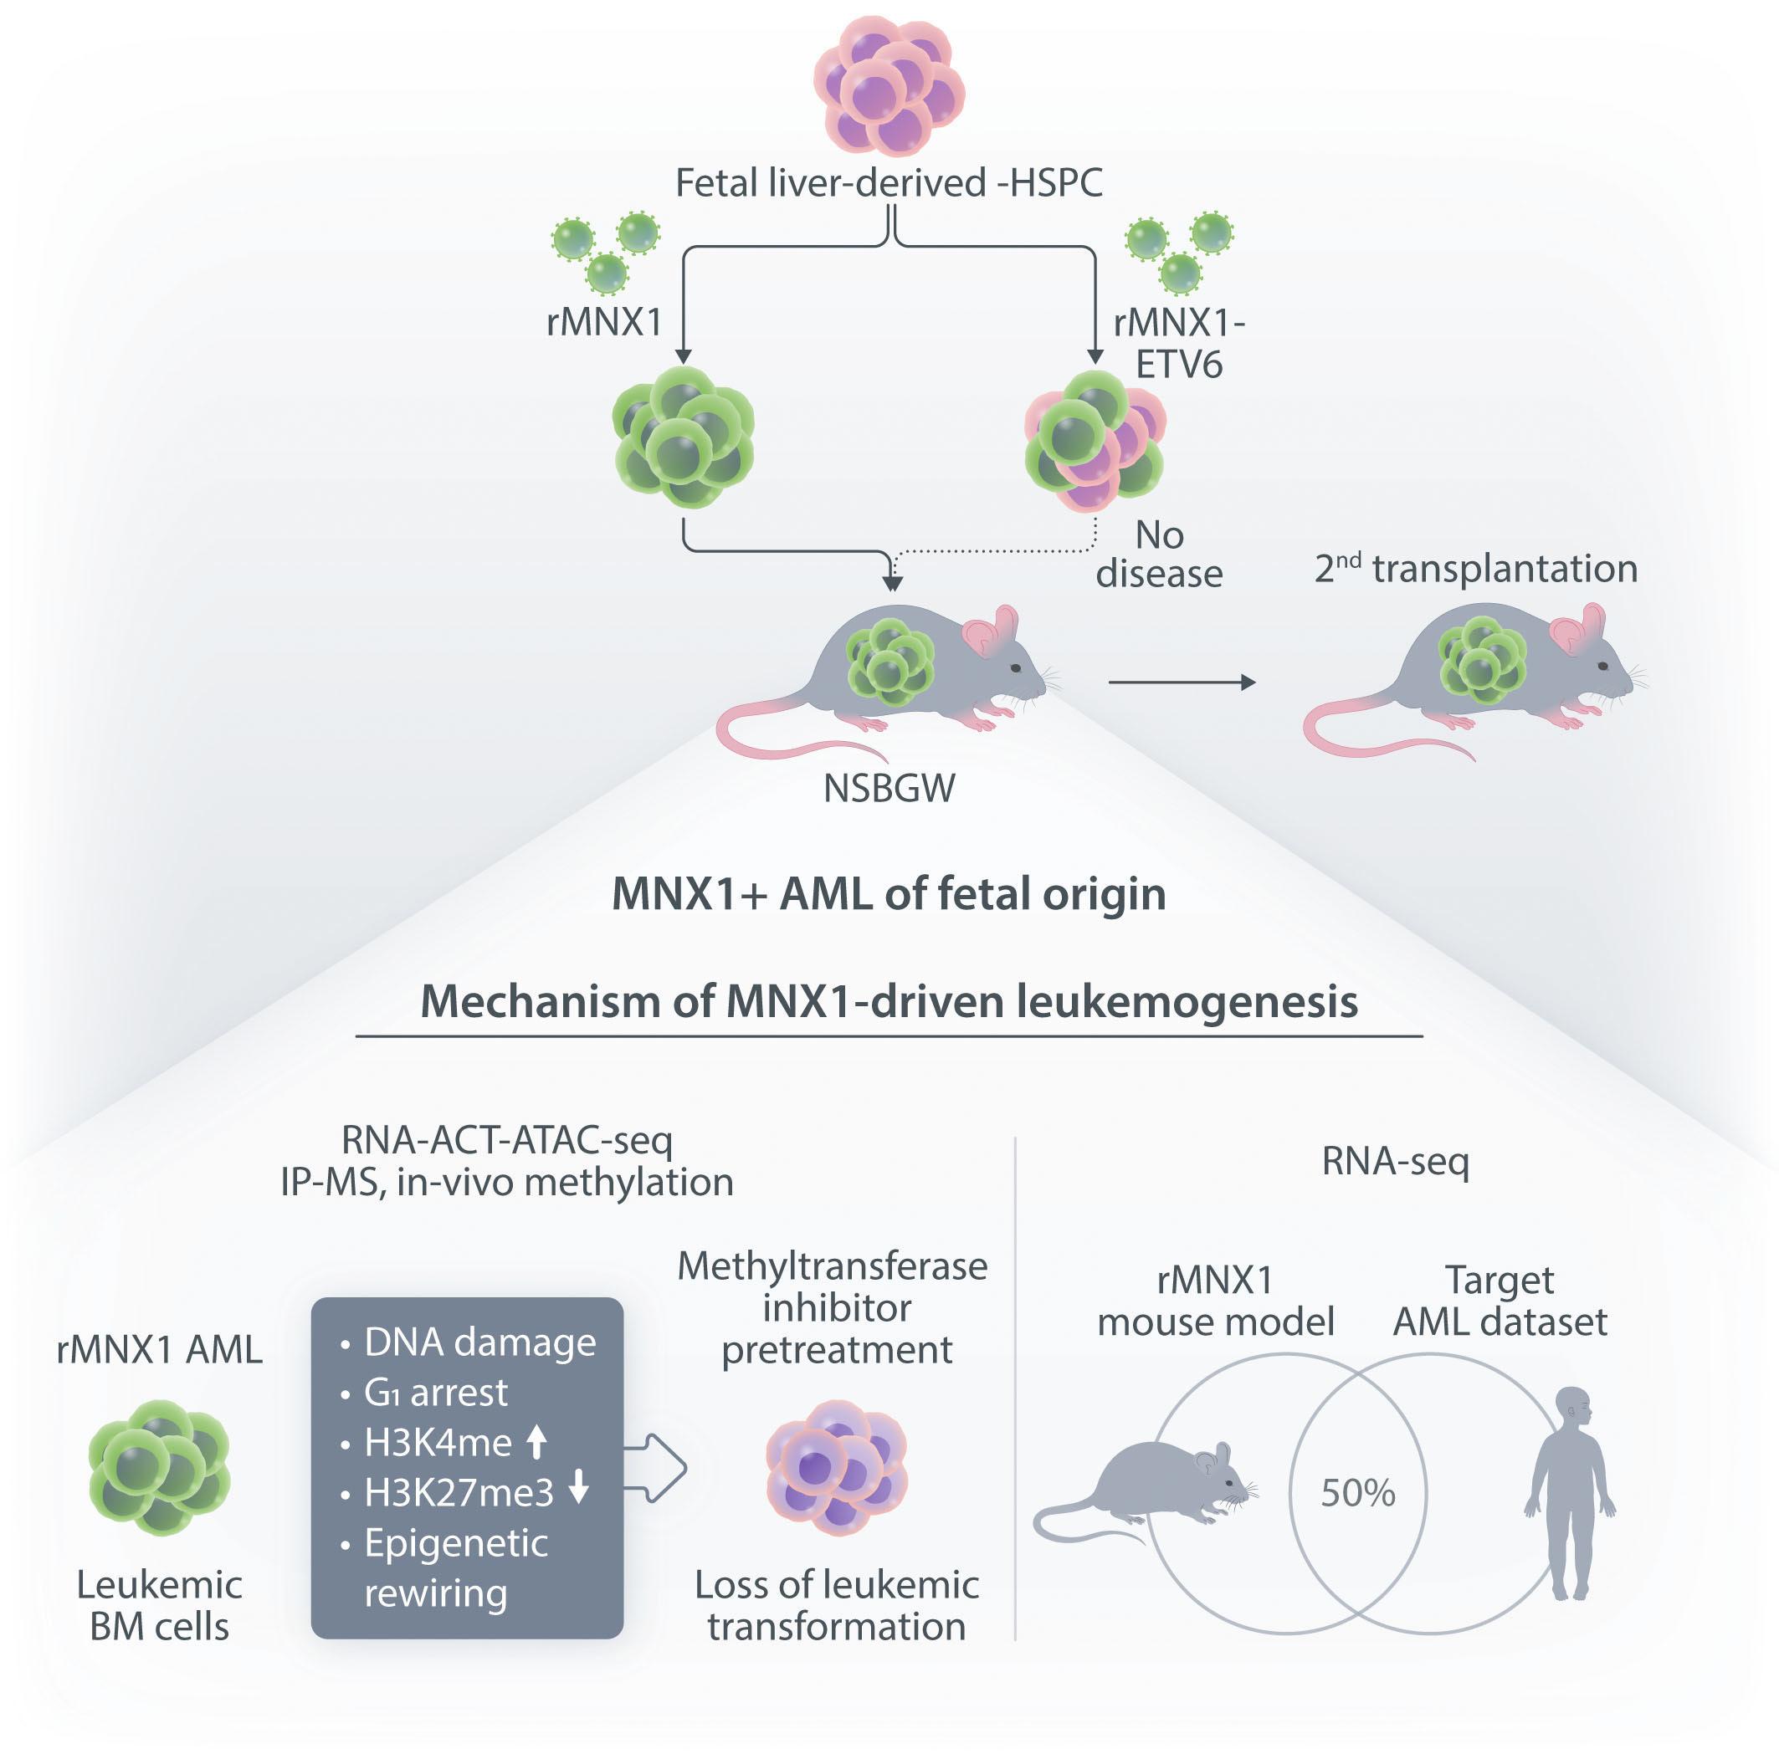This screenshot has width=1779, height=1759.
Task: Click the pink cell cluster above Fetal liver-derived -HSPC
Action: point(889,85)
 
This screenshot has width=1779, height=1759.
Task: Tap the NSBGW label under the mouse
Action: point(889,789)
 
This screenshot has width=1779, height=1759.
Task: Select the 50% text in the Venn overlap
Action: point(1358,1492)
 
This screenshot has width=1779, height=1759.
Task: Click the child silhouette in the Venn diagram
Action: point(1570,1493)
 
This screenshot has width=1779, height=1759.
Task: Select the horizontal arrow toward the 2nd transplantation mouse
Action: point(1182,682)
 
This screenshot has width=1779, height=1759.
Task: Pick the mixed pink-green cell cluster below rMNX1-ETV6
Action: point(1095,440)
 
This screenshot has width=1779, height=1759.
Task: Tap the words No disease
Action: point(1159,554)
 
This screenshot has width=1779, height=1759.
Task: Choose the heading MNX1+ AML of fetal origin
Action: point(889,894)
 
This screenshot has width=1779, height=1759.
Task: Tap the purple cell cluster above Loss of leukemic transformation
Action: point(837,1468)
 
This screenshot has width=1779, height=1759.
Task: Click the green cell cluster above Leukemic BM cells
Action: point(159,1468)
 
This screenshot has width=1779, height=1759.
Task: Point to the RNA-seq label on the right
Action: point(1395,1162)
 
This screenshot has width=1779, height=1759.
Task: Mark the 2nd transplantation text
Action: point(1476,569)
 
